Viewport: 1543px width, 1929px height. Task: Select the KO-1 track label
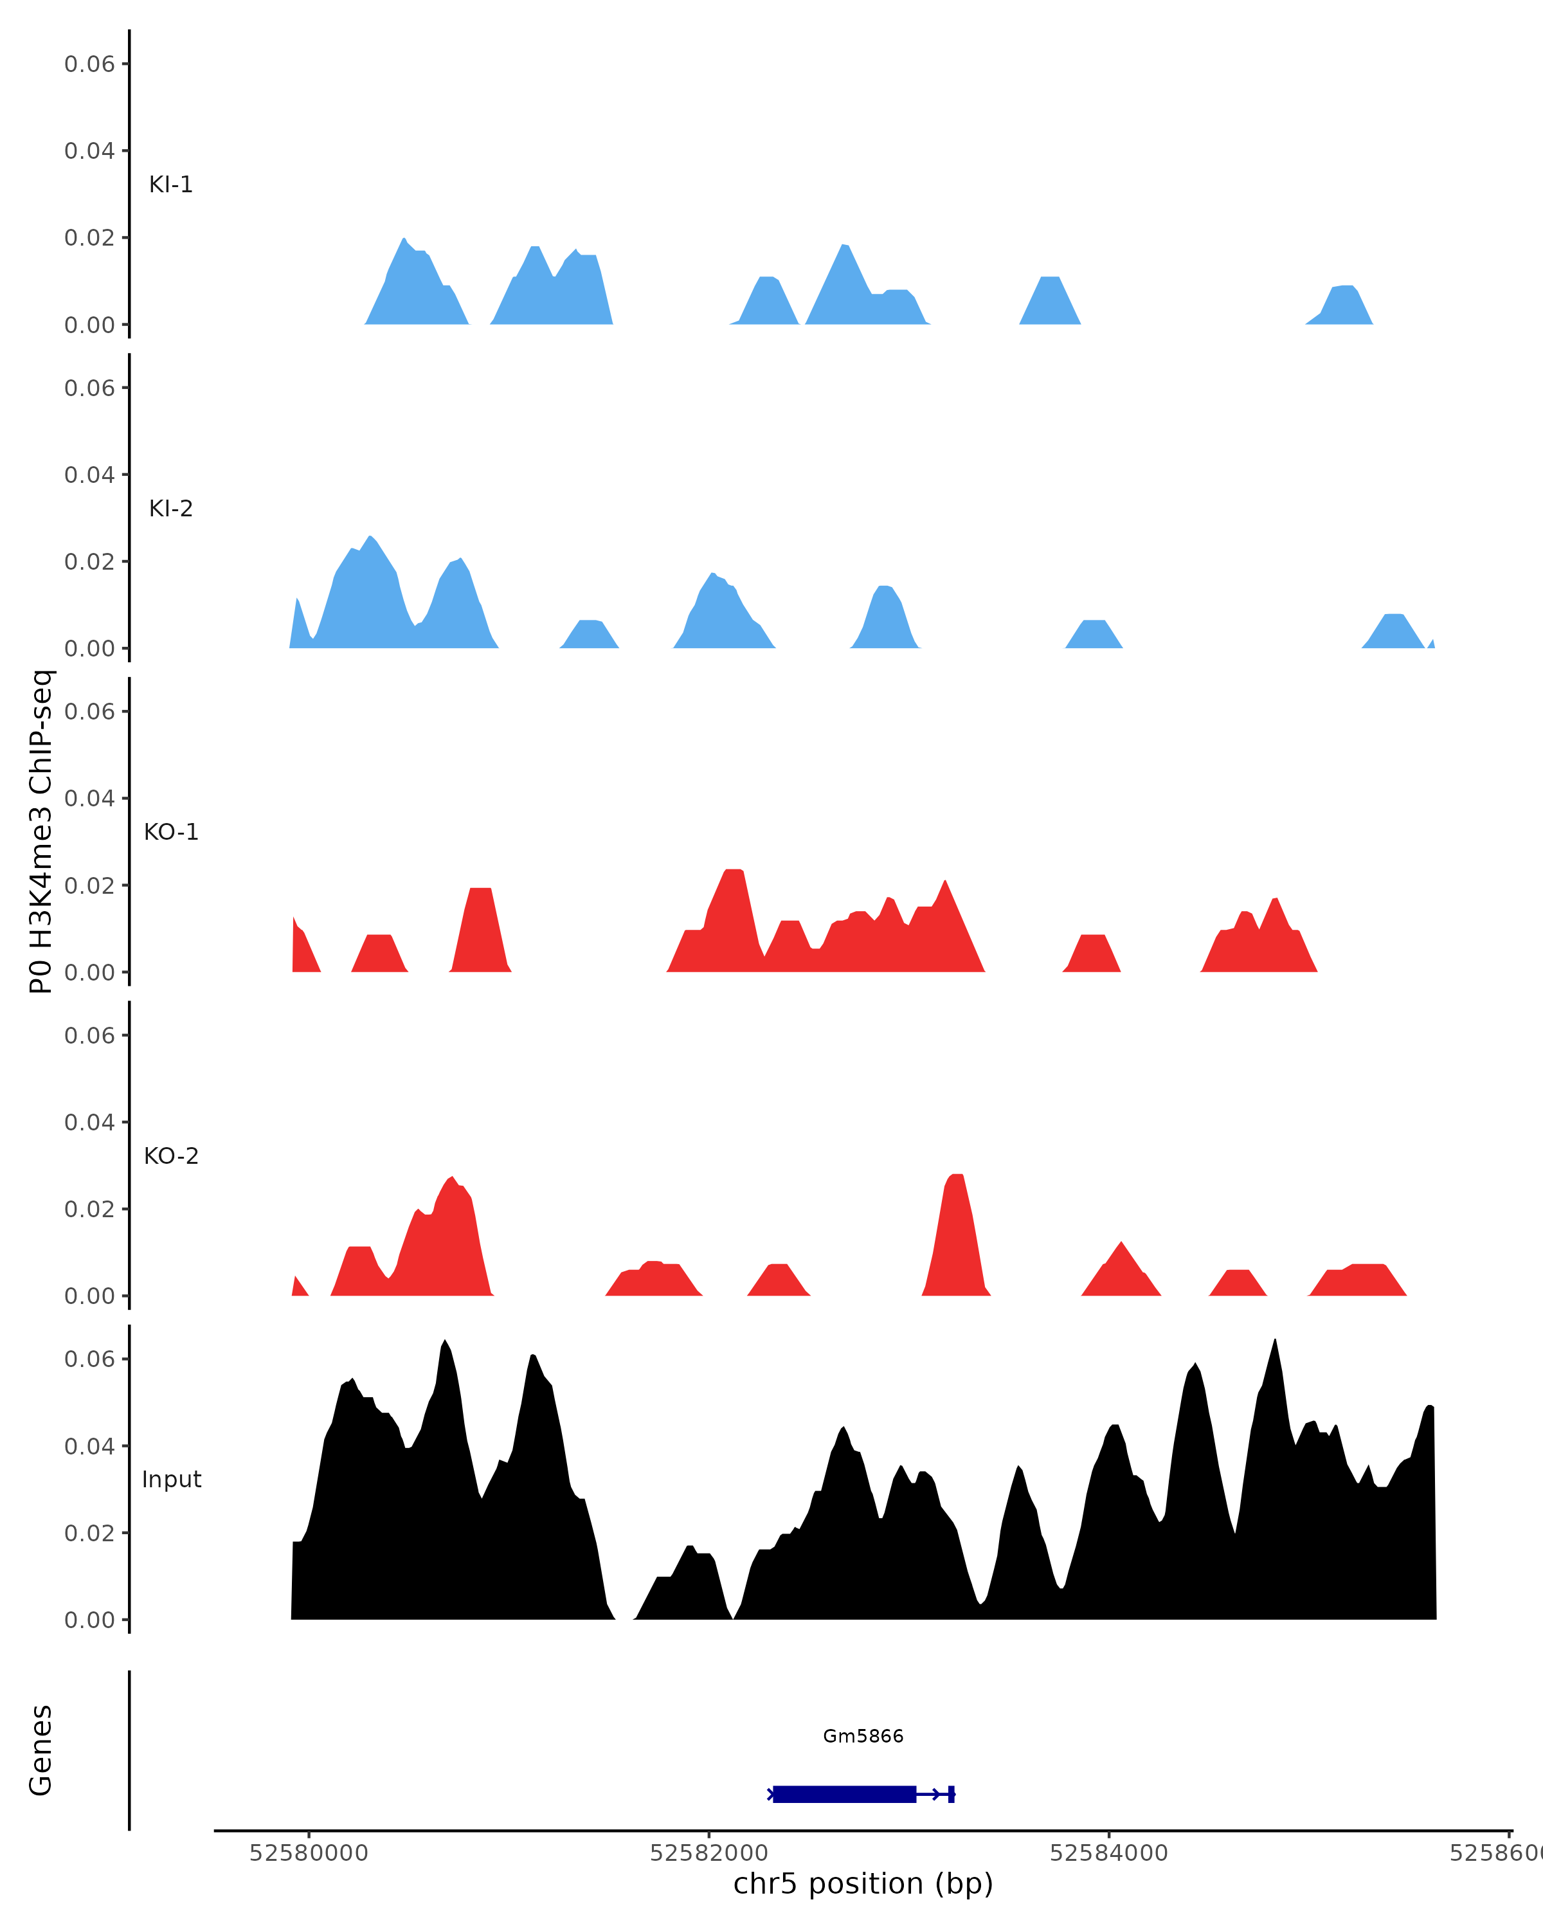[171, 832]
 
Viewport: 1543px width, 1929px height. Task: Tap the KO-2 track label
[171, 1156]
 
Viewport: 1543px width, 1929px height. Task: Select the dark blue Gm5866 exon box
[844, 1794]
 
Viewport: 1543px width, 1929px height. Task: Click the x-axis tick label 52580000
[309, 1853]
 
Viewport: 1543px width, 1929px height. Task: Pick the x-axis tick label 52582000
[708, 1853]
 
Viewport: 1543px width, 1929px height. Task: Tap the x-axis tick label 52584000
[1108, 1853]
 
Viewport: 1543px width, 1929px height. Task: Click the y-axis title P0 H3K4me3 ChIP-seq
[41, 831]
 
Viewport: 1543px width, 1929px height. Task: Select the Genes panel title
[41, 1751]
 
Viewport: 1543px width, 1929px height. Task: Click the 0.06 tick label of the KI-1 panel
[89, 64]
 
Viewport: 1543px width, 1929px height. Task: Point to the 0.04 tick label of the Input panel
[89, 1446]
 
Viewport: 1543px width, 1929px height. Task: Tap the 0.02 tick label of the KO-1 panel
[89, 886]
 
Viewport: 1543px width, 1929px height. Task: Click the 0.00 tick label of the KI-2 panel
[89, 649]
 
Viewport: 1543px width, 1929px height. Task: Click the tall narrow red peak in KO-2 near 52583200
[956, 1235]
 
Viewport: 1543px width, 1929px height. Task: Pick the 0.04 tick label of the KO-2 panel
[89, 1122]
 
